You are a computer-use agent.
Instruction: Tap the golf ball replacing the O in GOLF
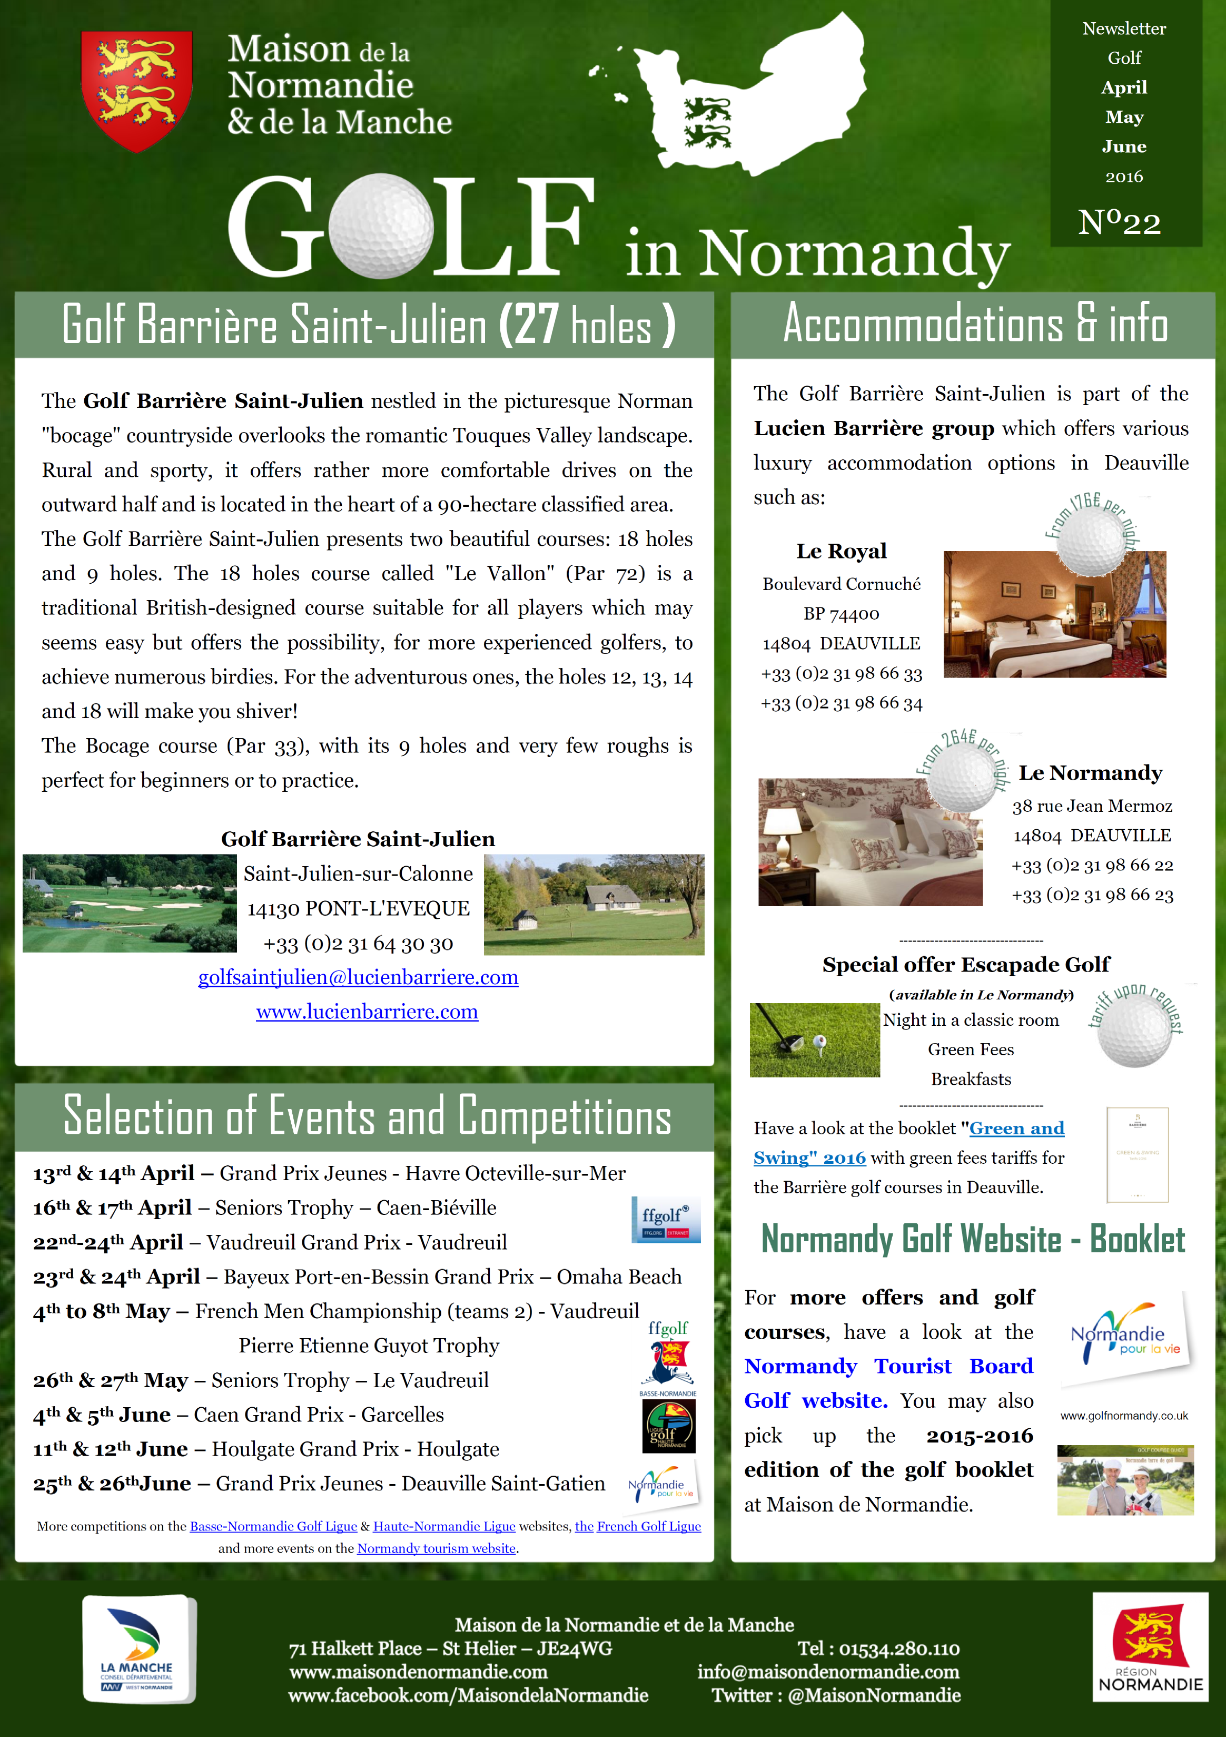[x=381, y=225]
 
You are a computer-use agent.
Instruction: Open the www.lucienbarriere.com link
[x=367, y=1012]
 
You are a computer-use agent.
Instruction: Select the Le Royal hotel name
[x=841, y=551]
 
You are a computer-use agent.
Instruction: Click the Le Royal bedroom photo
[x=1054, y=614]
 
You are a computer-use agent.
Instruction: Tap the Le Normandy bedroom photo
[x=870, y=842]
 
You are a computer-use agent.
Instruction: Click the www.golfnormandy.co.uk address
[x=1124, y=1416]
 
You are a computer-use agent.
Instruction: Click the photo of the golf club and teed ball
[x=815, y=1039]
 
